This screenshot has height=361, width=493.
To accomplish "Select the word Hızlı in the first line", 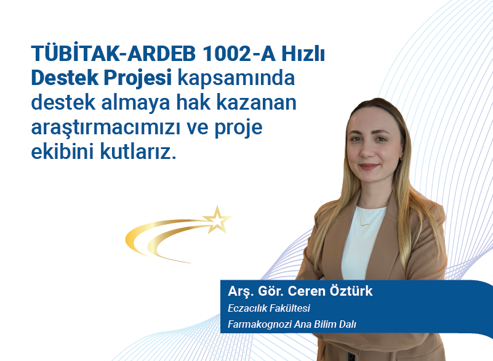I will click(303, 55).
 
